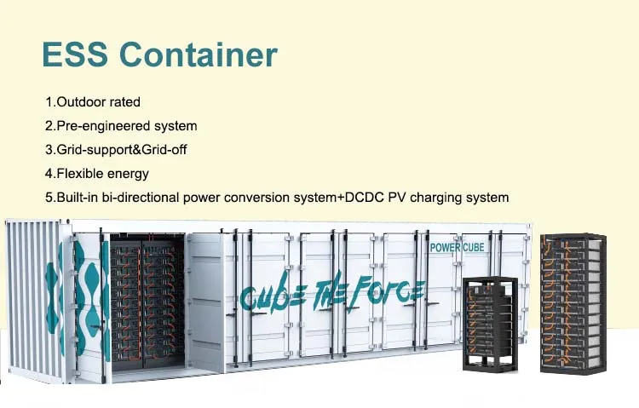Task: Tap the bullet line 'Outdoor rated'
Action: pyautogui.click(x=93, y=101)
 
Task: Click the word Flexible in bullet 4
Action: pyautogui.click(x=79, y=173)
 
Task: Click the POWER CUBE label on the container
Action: pyautogui.click(x=458, y=248)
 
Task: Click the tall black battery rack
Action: pyautogui.click(x=573, y=303)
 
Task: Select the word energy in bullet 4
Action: pyautogui.click(x=128, y=173)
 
